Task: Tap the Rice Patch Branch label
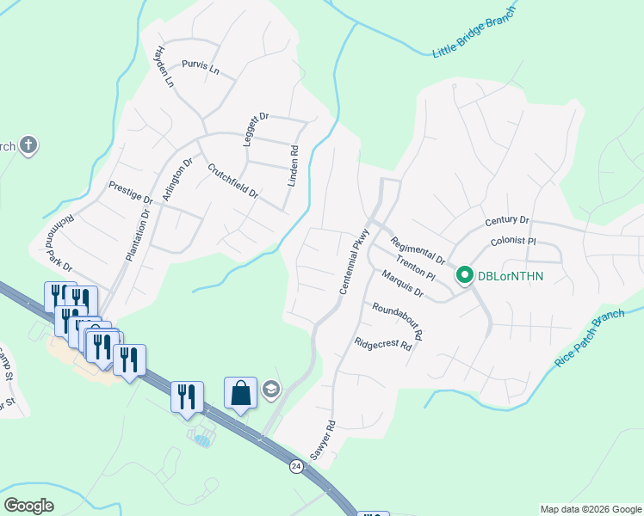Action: (590, 339)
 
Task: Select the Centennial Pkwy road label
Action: (355, 263)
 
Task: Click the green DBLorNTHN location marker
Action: (465, 275)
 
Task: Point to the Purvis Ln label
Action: (201, 66)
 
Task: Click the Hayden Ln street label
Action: (164, 67)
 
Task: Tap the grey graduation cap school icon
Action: (271, 391)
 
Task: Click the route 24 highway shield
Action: (296, 466)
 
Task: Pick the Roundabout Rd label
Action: (398, 321)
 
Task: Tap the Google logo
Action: (28, 506)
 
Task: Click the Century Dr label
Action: (506, 221)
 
